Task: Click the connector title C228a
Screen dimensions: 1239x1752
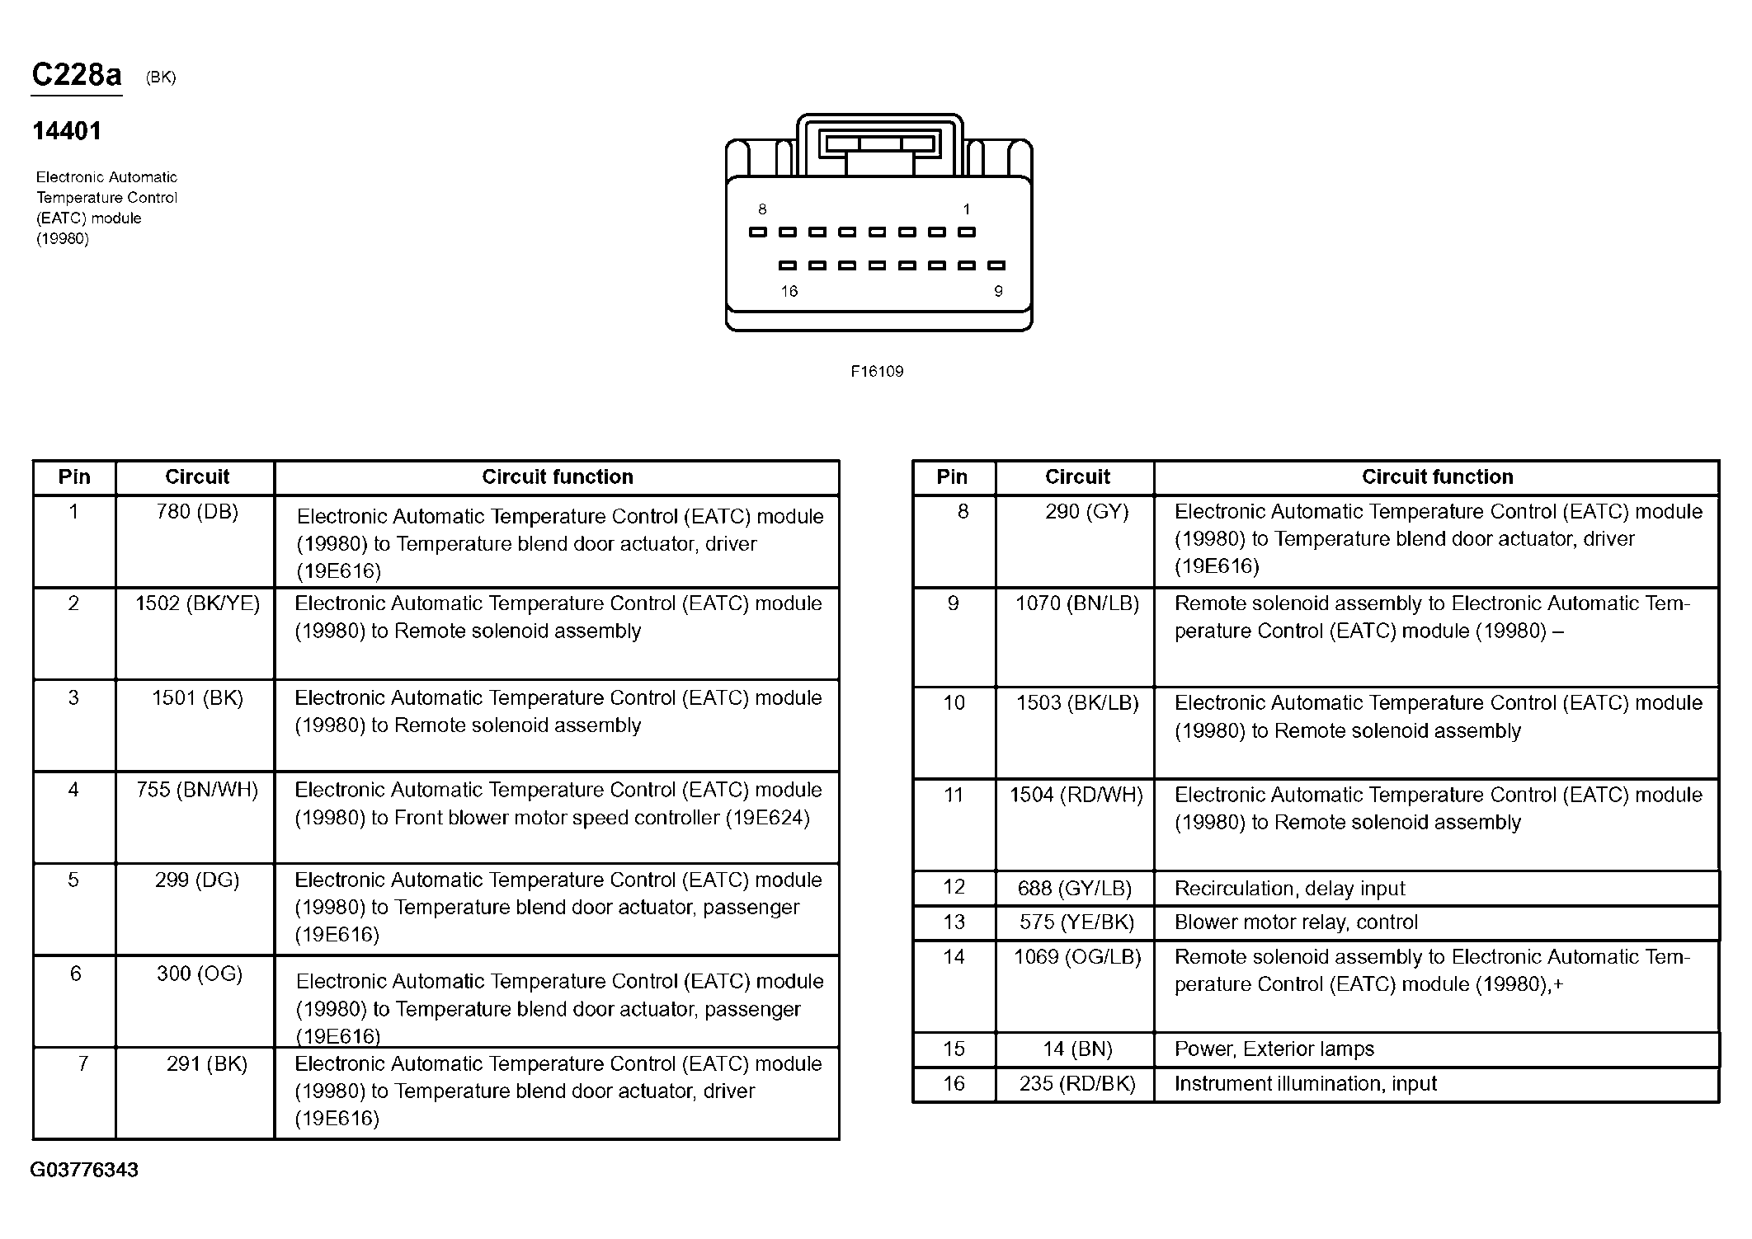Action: (x=77, y=75)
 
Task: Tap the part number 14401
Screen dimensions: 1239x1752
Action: (x=67, y=131)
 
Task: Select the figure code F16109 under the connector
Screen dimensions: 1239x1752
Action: (x=877, y=372)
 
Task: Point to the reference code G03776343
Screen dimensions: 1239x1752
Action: (x=84, y=1170)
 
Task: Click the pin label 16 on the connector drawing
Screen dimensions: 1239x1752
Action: (x=789, y=291)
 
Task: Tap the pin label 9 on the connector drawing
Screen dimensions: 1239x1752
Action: (x=998, y=291)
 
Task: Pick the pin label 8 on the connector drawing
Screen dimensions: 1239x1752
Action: (x=762, y=209)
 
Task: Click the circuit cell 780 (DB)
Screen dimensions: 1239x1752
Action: (x=197, y=512)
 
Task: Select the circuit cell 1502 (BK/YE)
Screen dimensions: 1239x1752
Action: (x=197, y=603)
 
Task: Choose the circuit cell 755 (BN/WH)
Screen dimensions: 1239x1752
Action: (x=197, y=790)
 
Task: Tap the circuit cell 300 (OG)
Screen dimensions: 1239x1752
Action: (x=200, y=974)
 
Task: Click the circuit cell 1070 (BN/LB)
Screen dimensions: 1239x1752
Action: (x=1076, y=603)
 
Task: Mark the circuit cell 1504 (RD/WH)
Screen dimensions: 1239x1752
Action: (x=1076, y=795)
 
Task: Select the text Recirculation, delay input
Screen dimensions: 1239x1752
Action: (x=1289, y=889)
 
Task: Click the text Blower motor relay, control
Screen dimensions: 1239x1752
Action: (x=1296, y=922)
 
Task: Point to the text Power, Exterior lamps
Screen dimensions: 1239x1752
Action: (x=1274, y=1049)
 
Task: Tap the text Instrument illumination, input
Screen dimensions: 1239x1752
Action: (x=1305, y=1084)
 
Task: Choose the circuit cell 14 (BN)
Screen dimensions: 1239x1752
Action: (x=1077, y=1049)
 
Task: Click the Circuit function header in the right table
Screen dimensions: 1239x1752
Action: (x=1437, y=477)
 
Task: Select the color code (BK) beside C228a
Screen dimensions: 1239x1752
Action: (x=161, y=77)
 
